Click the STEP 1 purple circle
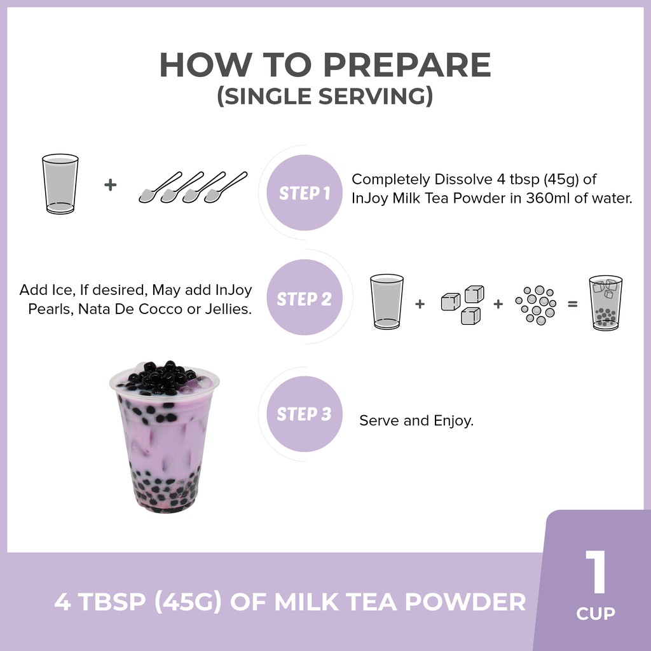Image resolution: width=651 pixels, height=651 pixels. (x=305, y=193)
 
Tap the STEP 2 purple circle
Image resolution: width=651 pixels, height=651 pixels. (x=305, y=298)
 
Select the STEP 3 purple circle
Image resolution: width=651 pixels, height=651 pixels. (x=305, y=414)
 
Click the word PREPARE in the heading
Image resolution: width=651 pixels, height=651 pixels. (x=407, y=65)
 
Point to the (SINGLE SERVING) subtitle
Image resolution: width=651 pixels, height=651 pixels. (x=325, y=96)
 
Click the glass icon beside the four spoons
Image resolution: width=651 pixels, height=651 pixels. (x=60, y=184)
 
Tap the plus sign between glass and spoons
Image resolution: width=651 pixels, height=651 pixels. (x=110, y=185)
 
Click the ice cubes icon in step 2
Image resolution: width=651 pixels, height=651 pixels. (x=463, y=305)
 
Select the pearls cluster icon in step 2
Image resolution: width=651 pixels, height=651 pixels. (x=535, y=305)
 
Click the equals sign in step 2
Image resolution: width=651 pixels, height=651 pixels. (x=573, y=305)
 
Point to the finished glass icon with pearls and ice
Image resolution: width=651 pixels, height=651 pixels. (x=606, y=303)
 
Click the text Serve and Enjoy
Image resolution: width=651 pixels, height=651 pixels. (x=416, y=421)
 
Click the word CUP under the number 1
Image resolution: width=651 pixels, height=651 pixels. (x=596, y=613)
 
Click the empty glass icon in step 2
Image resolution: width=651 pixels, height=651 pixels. (x=387, y=302)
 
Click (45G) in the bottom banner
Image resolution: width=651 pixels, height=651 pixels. (x=188, y=601)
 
